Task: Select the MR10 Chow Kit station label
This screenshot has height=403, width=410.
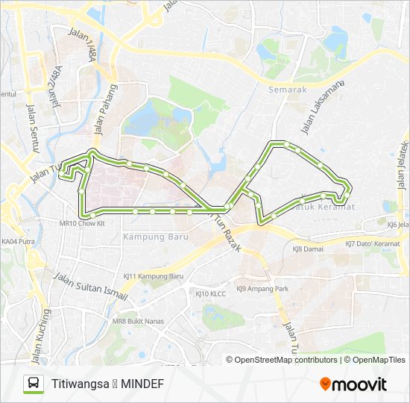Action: coord(80,223)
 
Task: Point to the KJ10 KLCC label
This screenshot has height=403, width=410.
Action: coord(210,294)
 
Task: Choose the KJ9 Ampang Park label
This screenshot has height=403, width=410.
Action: coord(262,289)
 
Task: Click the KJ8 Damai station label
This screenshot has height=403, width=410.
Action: coord(307,249)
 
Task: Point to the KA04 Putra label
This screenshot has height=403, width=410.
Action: coord(19,241)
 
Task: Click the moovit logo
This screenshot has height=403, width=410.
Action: coord(353,384)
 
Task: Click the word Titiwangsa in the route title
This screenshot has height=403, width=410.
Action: coord(81,384)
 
